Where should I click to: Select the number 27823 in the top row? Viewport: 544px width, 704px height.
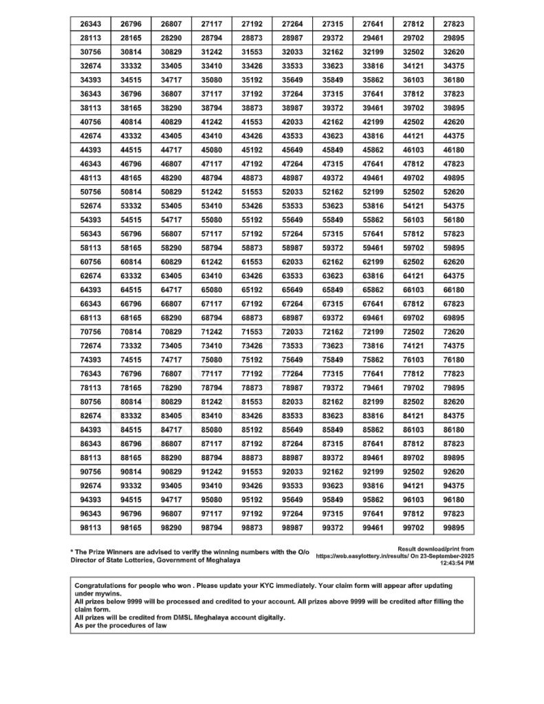click(x=454, y=24)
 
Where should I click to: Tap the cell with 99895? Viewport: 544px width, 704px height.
click(x=454, y=527)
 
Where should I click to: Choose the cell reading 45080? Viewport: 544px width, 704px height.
click(x=212, y=150)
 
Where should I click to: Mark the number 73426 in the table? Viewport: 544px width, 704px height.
click(x=252, y=346)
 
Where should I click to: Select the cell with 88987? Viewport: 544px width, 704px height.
click(x=292, y=458)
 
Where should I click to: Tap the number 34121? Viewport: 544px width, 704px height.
click(x=413, y=66)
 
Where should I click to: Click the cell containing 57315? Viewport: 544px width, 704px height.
click(x=333, y=234)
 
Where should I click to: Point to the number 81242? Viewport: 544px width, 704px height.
click(x=212, y=401)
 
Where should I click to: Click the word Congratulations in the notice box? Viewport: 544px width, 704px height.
click(x=101, y=584)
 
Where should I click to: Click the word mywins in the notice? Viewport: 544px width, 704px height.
click(x=110, y=593)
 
